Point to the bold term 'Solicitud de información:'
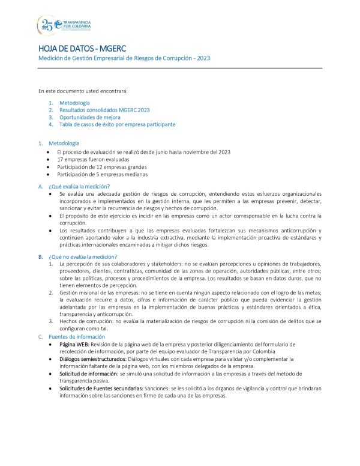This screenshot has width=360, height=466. coord(89,373)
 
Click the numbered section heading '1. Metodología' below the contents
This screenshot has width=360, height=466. coord(64,144)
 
